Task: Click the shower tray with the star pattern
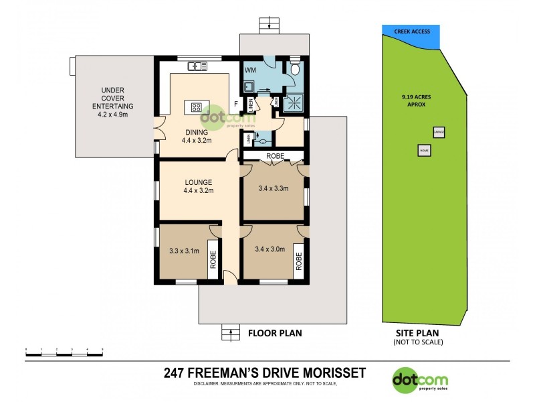tap(293, 103)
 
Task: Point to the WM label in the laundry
tap(250, 70)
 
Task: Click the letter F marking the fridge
tap(235, 104)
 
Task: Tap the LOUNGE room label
tap(199, 182)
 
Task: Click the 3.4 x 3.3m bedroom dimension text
tap(273, 188)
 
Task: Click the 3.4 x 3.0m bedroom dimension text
tap(270, 249)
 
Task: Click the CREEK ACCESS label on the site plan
tap(411, 31)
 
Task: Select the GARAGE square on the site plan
tap(439, 133)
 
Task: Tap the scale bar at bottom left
tap(64, 350)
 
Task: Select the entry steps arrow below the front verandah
tap(231, 331)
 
